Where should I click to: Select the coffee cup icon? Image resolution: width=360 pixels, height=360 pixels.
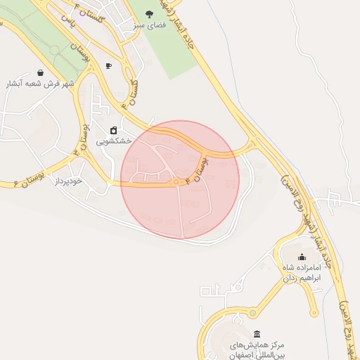click(x=108, y=66)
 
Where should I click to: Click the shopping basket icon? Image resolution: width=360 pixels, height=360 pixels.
click(x=40, y=72)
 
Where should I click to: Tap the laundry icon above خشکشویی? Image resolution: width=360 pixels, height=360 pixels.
click(x=113, y=130)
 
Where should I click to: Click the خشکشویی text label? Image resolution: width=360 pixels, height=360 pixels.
click(x=114, y=141)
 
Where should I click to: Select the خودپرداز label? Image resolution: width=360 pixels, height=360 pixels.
click(x=69, y=181)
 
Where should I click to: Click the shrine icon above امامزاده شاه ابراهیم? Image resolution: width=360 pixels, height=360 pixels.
click(x=302, y=257)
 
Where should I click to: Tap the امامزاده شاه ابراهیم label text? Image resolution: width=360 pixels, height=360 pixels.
click(x=302, y=273)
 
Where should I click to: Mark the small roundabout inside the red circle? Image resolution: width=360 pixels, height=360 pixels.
click(x=176, y=183)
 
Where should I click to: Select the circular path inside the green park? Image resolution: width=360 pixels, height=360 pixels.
click(x=55, y=51)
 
